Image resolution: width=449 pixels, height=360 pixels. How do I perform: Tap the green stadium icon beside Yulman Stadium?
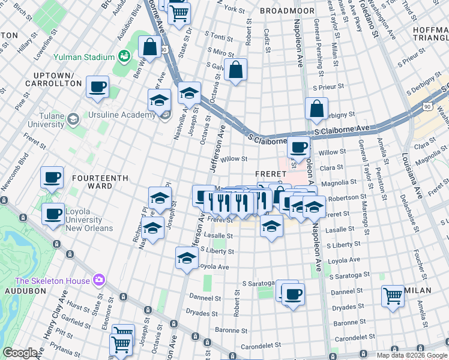tap(125, 57)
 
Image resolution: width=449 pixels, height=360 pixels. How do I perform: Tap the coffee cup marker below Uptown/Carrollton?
tap(97, 88)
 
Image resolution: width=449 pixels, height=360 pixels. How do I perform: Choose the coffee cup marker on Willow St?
tap(298, 146)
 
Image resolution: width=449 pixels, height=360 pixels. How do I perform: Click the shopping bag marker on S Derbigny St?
tap(316, 109)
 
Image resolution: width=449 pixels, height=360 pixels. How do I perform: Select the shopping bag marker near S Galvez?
tap(236, 70)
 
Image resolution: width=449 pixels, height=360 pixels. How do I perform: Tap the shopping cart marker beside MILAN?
tap(393, 296)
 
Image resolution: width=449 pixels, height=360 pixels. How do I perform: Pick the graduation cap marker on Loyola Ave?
tap(187, 258)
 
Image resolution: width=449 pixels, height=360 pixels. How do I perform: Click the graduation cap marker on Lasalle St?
tap(271, 227)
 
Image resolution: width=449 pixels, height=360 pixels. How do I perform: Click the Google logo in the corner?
tap(20, 353)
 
